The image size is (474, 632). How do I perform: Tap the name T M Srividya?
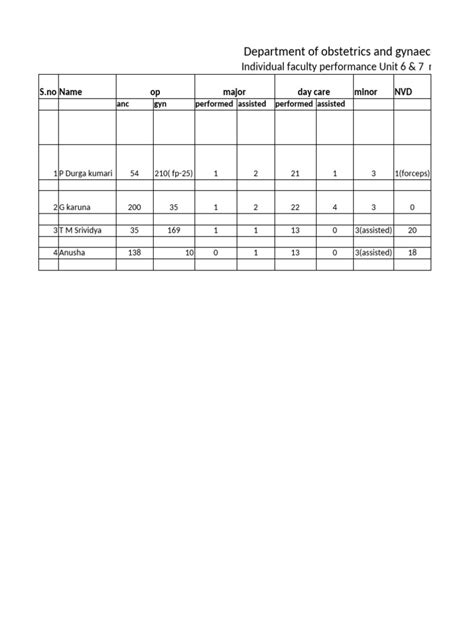(83, 230)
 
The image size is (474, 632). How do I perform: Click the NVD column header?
(403, 91)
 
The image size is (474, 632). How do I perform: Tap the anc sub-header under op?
(123, 103)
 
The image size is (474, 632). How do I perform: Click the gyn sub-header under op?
(160, 103)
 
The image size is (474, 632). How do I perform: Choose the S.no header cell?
(48, 91)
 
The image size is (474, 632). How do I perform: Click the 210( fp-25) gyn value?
(174, 173)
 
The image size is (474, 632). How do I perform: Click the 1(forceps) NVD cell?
(412, 173)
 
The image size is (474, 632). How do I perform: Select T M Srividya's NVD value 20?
(412, 230)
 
